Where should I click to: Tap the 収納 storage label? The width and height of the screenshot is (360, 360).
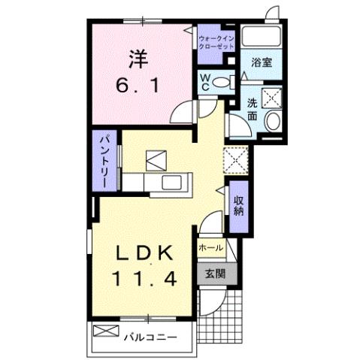coord(238,204)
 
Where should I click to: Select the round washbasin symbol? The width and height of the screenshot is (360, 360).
coord(274,123)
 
